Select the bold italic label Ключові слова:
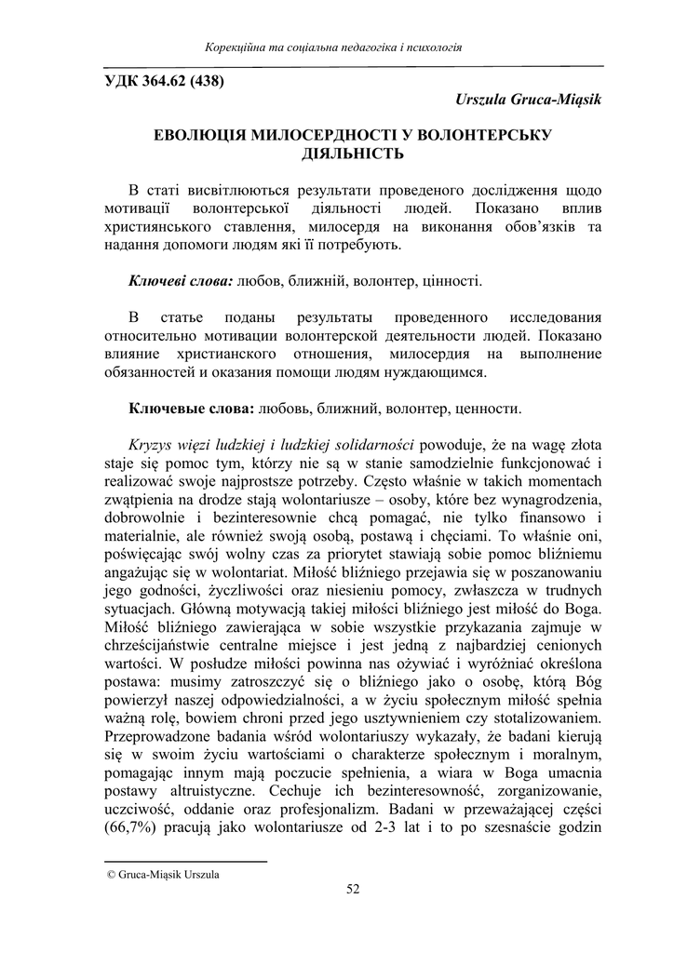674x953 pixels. pos(181,280)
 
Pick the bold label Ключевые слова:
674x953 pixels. pos(190,409)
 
